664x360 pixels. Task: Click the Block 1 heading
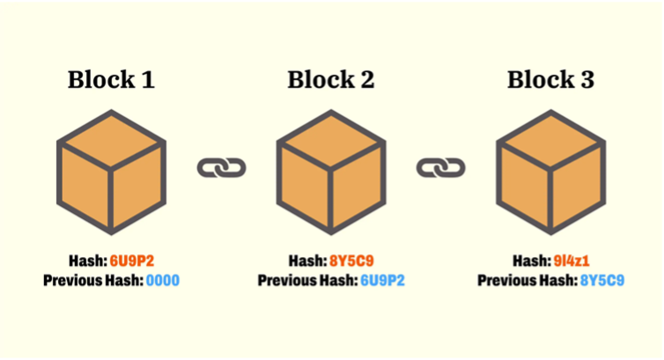point(111,80)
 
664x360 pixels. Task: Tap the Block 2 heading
point(330,80)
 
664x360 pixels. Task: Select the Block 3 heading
point(550,80)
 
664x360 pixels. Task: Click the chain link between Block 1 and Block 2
point(221,167)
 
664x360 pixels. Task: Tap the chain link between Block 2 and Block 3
point(440,167)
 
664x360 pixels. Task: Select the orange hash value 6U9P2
point(131,261)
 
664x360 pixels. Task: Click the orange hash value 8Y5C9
point(351,261)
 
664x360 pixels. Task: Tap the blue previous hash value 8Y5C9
point(601,281)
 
